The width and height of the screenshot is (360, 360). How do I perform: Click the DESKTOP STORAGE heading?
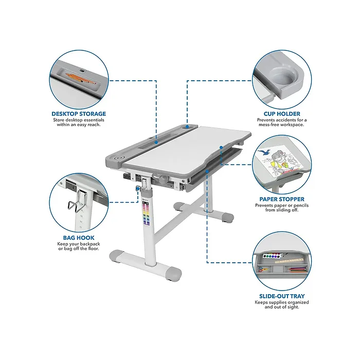[79, 114]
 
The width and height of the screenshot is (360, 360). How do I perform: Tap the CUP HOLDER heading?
[282, 114]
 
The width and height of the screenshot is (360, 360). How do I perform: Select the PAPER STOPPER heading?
[282, 200]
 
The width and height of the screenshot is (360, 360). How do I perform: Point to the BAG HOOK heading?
[79, 238]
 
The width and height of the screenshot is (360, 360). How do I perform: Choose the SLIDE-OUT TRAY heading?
[282, 296]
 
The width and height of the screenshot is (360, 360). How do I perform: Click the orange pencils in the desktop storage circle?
[80, 79]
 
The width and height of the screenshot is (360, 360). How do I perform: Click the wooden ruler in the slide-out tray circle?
[289, 261]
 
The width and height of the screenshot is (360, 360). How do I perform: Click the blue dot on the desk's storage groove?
[156, 142]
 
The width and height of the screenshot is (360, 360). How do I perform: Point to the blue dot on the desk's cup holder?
[187, 127]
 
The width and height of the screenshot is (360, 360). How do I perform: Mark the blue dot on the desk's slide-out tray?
[207, 171]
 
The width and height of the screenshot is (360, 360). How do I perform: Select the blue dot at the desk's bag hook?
[138, 189]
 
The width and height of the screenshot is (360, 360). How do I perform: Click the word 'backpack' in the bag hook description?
[88, 244]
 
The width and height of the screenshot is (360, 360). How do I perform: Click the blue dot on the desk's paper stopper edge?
[221, 148]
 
